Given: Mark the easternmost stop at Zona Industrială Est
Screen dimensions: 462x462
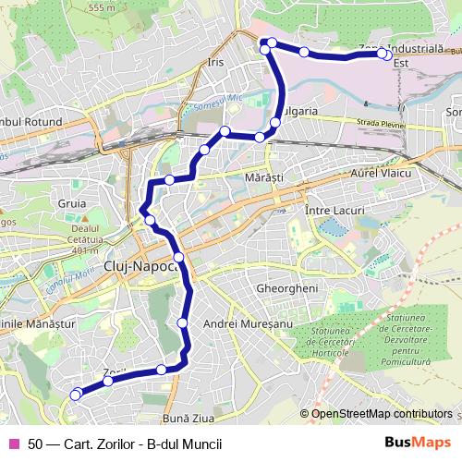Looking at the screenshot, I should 383,55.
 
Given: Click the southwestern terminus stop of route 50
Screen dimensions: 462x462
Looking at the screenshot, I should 76,395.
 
